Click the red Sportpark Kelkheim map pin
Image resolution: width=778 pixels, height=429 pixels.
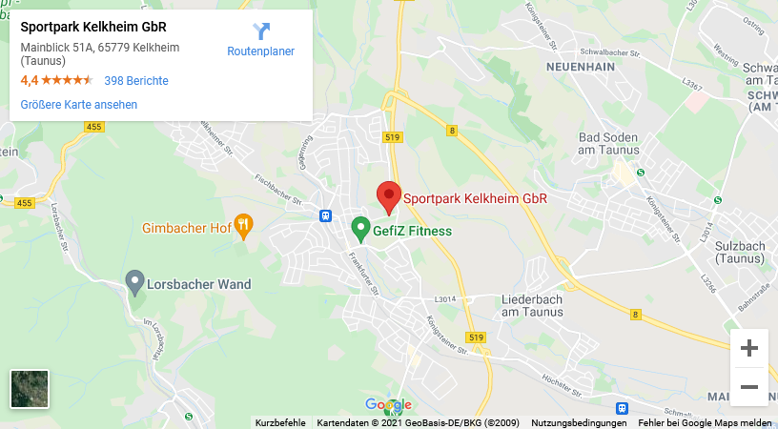[x=388, y=196]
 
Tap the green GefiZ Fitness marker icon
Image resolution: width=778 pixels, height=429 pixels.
[x=360, y=229]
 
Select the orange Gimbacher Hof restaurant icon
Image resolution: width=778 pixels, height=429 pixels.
[x=244, y=226]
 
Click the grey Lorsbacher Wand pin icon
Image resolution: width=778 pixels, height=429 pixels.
[x=135, y=281]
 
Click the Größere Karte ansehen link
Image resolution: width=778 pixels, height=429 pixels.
[x=79, y=105]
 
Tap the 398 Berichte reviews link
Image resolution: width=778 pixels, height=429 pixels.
[x=136, y=81]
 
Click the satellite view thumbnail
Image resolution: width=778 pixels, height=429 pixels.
[x=30, y=388]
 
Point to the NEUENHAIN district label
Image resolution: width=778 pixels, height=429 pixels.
[x=579, y=68]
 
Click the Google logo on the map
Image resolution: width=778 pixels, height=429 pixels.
[x=388, y=405]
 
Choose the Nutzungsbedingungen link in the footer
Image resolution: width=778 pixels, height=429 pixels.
[x=579, y=422]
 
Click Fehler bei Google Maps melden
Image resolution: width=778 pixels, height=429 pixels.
[x=705, y=422]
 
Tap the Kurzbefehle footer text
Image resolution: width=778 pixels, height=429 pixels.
[x=280, y=422]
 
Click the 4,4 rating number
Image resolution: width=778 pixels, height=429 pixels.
[x=30, y=81]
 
